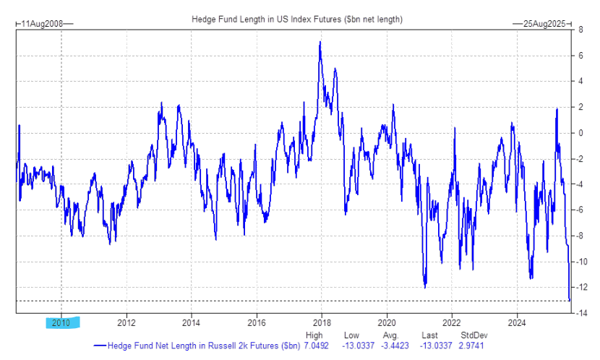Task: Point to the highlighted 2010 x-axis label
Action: tap(61, 322)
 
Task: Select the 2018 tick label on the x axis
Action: tap(322, 322)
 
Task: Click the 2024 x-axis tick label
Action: tap(516, 322)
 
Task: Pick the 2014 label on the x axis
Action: tap(192, 322)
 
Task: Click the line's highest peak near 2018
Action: tap(320, 42)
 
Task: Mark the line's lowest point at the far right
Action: tap(570, 300)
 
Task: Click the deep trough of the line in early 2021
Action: tap(425, 287)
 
